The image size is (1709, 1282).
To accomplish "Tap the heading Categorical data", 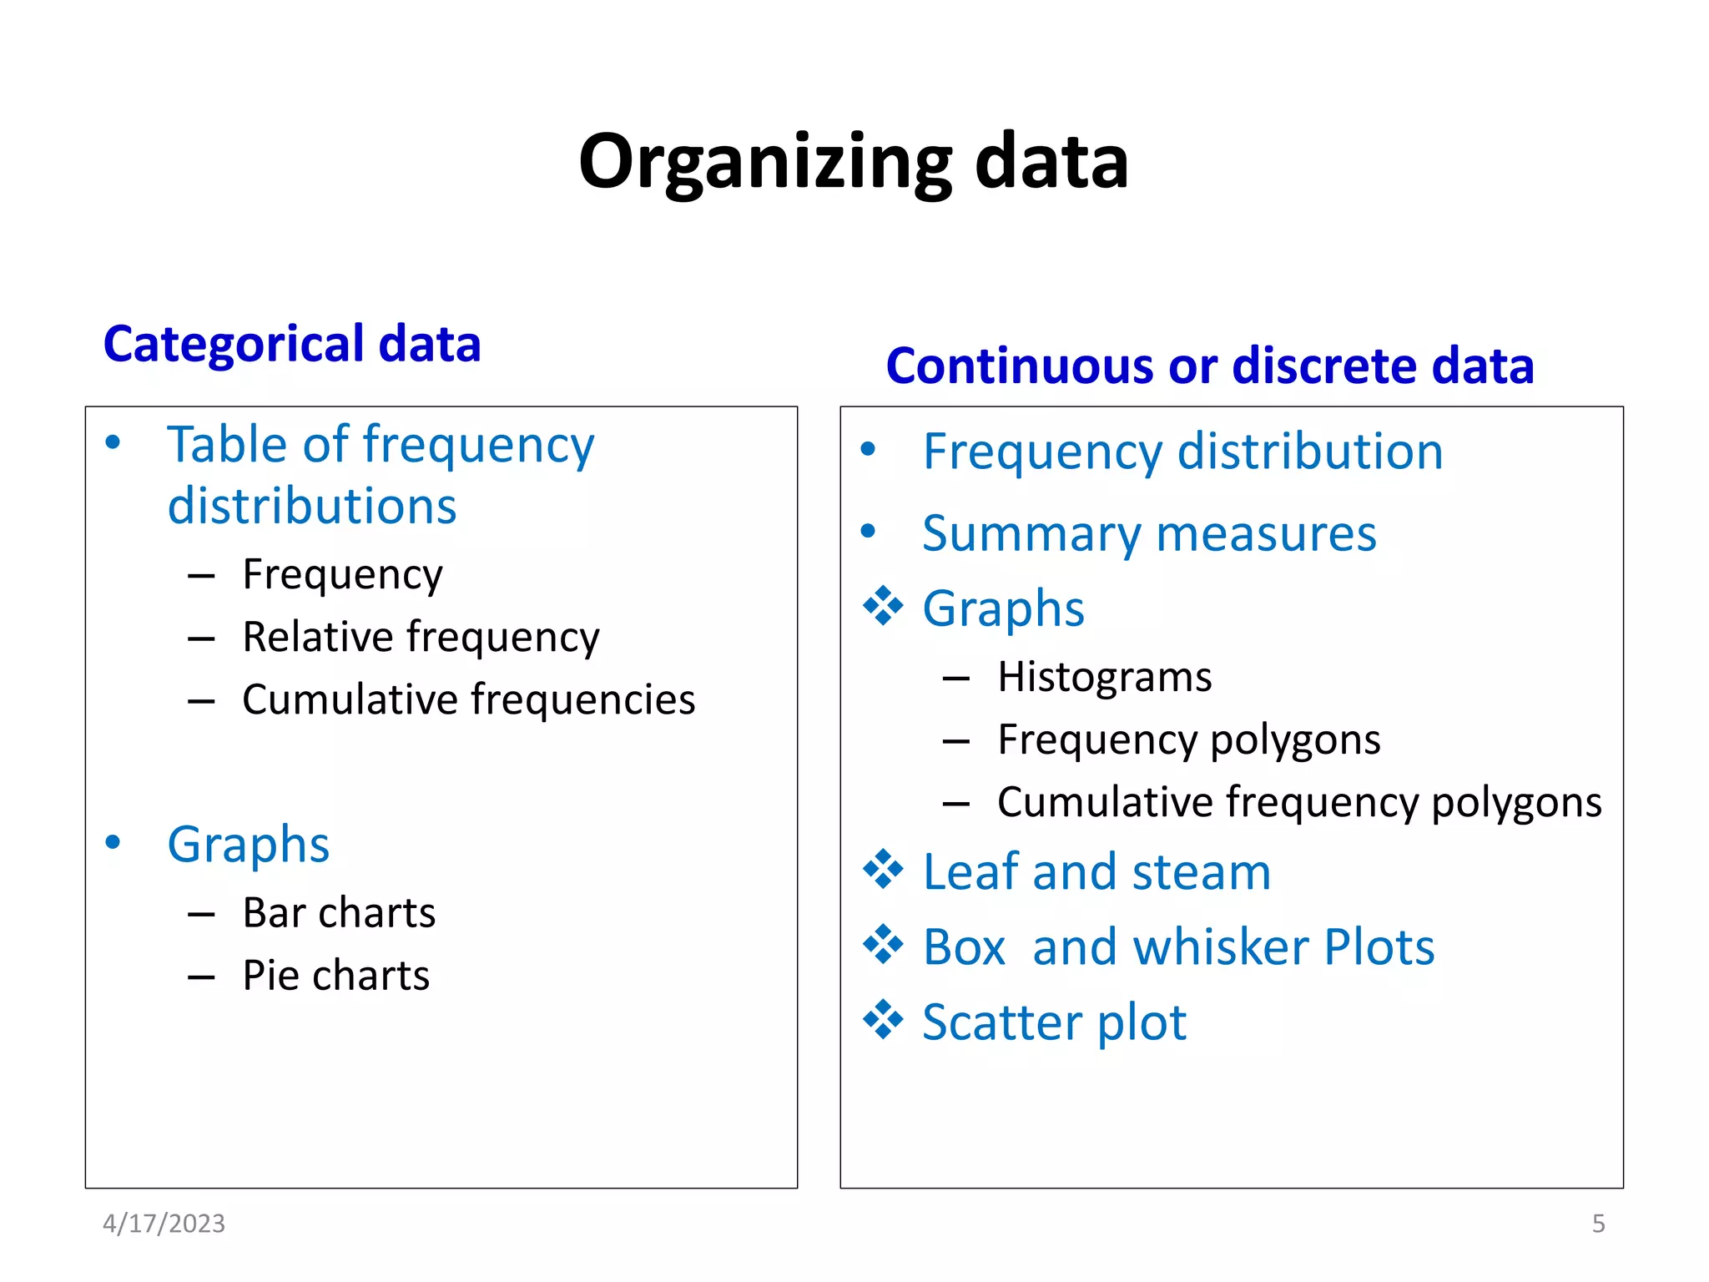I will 292,344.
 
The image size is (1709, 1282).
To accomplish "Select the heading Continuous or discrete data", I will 1210,366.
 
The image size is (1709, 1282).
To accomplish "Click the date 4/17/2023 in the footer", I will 164,1224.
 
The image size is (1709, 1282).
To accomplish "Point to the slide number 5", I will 1598,1224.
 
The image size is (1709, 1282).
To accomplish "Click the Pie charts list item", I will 335,975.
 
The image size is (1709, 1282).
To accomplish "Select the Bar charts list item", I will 339,912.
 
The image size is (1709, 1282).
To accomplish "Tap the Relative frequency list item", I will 421,637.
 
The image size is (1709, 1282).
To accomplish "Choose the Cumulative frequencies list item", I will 468,699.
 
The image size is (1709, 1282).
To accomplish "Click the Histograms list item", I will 1104,676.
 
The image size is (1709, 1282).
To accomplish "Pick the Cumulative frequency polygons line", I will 1299,802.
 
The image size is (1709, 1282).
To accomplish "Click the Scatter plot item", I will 1054,1022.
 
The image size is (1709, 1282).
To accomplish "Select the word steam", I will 1201,872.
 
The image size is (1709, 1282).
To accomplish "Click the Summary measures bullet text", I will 1149,533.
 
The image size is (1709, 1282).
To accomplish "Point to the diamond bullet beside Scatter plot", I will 883,1020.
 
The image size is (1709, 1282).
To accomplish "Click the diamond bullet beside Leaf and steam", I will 883,870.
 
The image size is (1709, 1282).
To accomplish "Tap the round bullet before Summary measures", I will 868,531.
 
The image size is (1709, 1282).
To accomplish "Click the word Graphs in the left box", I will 249,845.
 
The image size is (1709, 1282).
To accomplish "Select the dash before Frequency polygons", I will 955,740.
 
